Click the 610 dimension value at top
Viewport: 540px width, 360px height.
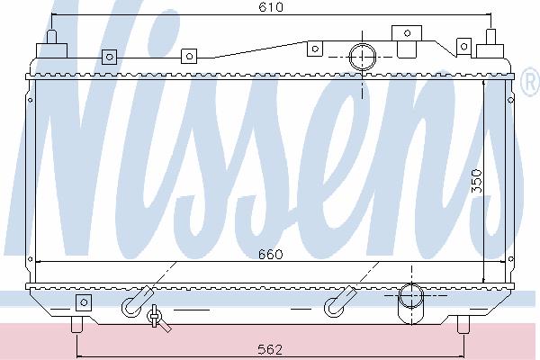[271, 7]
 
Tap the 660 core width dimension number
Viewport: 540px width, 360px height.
[270, 255]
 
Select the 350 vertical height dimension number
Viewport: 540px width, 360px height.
[477, 181]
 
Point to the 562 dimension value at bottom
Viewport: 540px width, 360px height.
[270, 350]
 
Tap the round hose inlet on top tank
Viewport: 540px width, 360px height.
[363, 57]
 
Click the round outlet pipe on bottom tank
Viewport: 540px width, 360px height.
[411, 295]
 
